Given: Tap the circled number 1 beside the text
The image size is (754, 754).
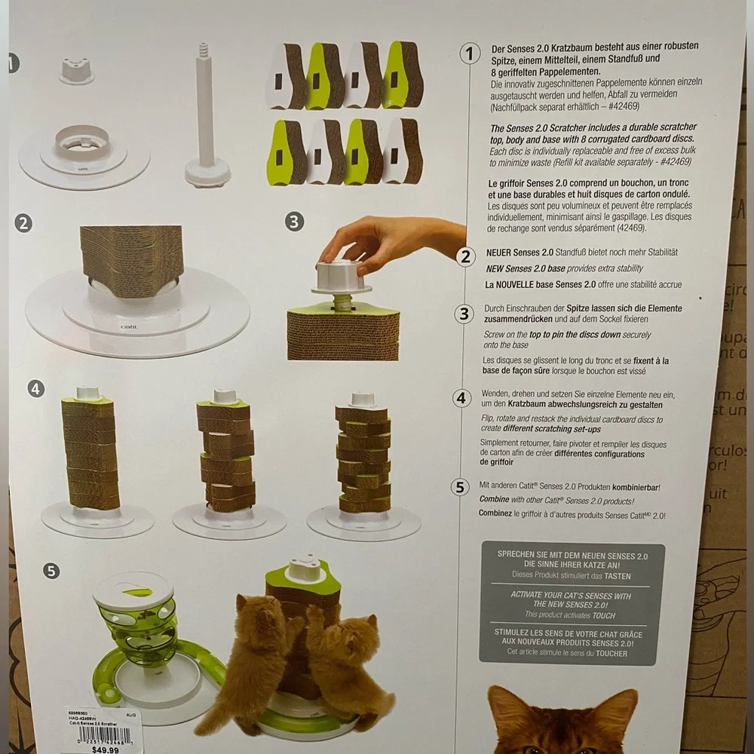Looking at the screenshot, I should point(470,54).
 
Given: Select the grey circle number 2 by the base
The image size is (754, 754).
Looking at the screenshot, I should point(23,223).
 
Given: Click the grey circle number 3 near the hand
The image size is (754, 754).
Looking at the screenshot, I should point(295,222).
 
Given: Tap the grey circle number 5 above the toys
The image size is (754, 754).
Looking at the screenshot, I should point(51,570).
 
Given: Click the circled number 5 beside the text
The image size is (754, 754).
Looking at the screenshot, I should point(460,487).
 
